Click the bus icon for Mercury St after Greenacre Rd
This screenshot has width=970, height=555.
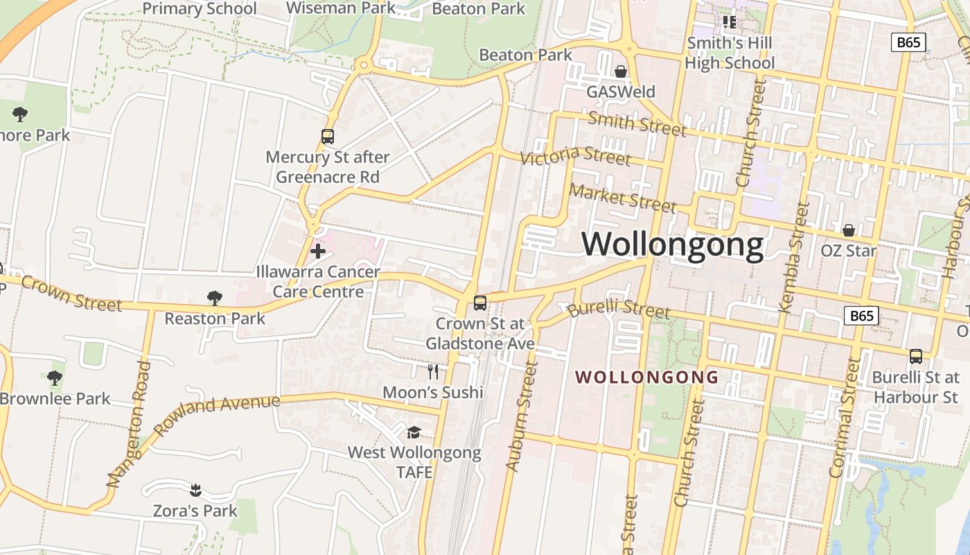[x=328, y=137]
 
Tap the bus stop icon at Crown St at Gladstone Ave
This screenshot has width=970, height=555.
[x=479, y=303]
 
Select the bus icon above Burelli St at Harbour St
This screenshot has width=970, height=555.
[x=915, y=357]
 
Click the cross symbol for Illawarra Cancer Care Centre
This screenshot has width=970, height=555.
[x=318, y=251]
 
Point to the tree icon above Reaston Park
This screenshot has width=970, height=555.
[x=215, y=298]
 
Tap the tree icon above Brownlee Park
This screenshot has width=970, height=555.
[x=55, y=378]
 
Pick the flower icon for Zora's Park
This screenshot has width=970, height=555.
[x=195, y=490]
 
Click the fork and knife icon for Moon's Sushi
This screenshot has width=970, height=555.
[x=433, y=371]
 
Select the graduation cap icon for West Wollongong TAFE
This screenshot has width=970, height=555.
[x=414, y=432]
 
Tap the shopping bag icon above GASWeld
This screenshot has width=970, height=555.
[x=621, y=71]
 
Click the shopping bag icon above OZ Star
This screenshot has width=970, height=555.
[x=848, y=230]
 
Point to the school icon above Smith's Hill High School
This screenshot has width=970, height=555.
[x=729, y=22]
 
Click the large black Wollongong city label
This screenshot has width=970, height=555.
[x=672, y=245]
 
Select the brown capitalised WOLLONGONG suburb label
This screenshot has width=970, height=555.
[x=646, y=377]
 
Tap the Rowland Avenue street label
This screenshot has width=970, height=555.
[x=217, y=414]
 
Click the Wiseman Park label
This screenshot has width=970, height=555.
[x=340, y=8]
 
